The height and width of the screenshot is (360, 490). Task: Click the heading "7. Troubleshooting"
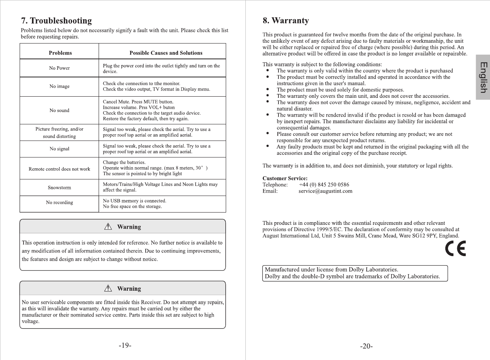pyautogui.click(x=56, y=21)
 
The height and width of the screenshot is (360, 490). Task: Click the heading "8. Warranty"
pyautogui.click(x=285, y=21)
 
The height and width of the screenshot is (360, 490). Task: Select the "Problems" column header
pyautogui.click(x=60, y=53)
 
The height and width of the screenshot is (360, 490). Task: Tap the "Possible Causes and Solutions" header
pyautogui.click(x=166, y=53)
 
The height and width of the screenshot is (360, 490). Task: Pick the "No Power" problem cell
pyautogui.click(x=59, y=68)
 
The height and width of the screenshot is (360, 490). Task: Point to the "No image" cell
pyautogui.click(x=59, y=86)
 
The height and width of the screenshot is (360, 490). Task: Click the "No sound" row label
pyautogui.click(x=59, y=111)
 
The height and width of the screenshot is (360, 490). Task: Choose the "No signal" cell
pyautogui.click(x=59, y=149)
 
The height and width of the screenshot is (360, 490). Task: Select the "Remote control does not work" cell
pyautogui.click(x=59, y=169)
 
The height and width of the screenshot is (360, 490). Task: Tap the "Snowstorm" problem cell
pyautogui.click(x=59, y=188)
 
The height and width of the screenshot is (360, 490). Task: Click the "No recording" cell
pyautogui.click(x=59, y=203)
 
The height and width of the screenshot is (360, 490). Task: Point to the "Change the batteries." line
pyautogui.click(x=124, y=162)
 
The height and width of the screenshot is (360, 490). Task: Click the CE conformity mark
pyautogui.click(x=455, y=248)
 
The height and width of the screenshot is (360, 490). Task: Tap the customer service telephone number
pyautogui.click(x=324, y=185)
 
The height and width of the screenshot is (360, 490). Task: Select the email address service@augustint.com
pyautogui.click(x=325, y=191)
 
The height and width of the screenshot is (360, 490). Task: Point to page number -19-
pyautogui.click(x=125, y=345)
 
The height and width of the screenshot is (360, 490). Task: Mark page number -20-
pyautogui.click(x=366, y=346)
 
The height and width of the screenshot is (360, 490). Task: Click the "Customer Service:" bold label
pyautogui.click(x=285, y=178)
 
